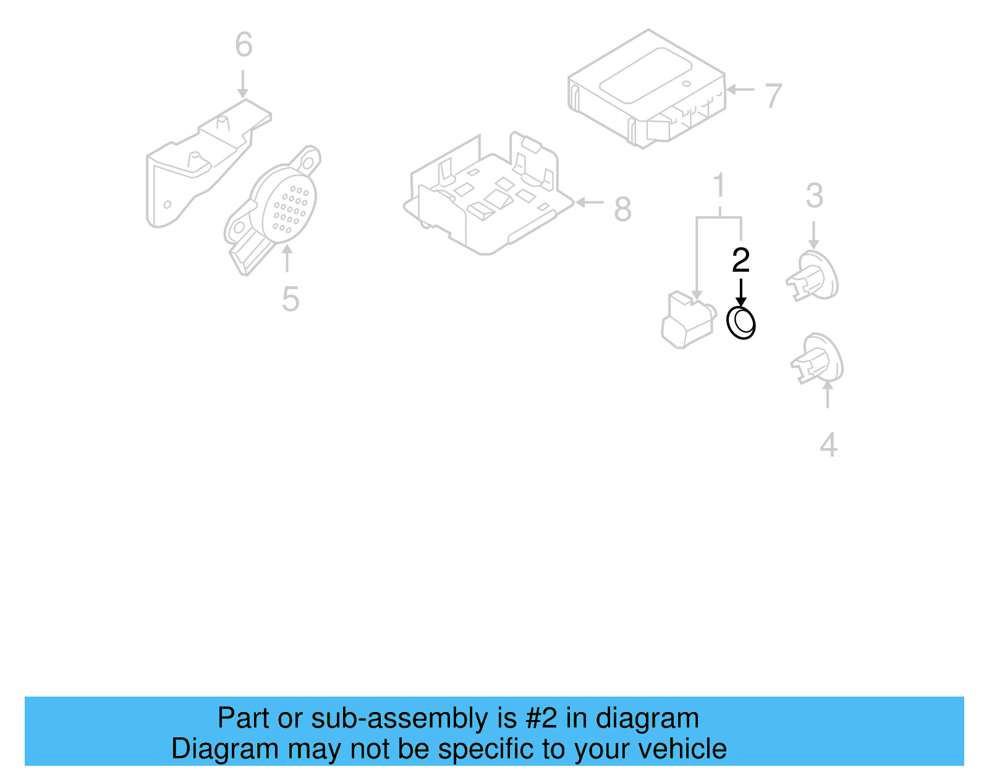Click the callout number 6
point(244,45)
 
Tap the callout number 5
point(291,300)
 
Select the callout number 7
point(773,96)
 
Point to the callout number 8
point(622,210)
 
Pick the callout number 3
point(814,196)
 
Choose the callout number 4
point(828,445)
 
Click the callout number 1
point(718,185)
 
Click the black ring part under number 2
point(741,323)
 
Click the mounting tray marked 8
point(488,198)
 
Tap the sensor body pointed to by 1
point(687,321)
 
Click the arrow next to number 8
point(589,202)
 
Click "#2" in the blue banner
point(541,719)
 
